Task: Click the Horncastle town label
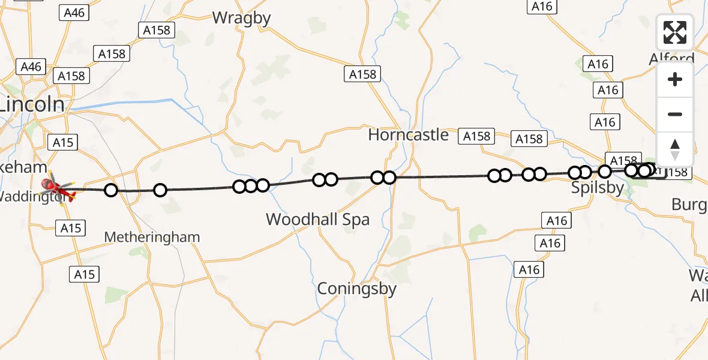pos(408,135)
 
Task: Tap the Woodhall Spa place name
pos(317,220)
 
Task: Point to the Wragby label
pos(242,18)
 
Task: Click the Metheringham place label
pos(152,238)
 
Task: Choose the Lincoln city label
pos(31,105)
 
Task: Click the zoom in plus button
pos(675,79)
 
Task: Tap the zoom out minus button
pos(675,114)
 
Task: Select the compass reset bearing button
pos(675,149)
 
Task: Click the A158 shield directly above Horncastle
pos(363,74)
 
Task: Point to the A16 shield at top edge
pos(542,6)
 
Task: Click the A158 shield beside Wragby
pos(157,30)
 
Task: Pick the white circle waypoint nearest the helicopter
pos(111,191)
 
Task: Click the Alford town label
pos(671,59)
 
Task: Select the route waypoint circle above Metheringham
pos(160,191)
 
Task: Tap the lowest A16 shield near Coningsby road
pos(529,269)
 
